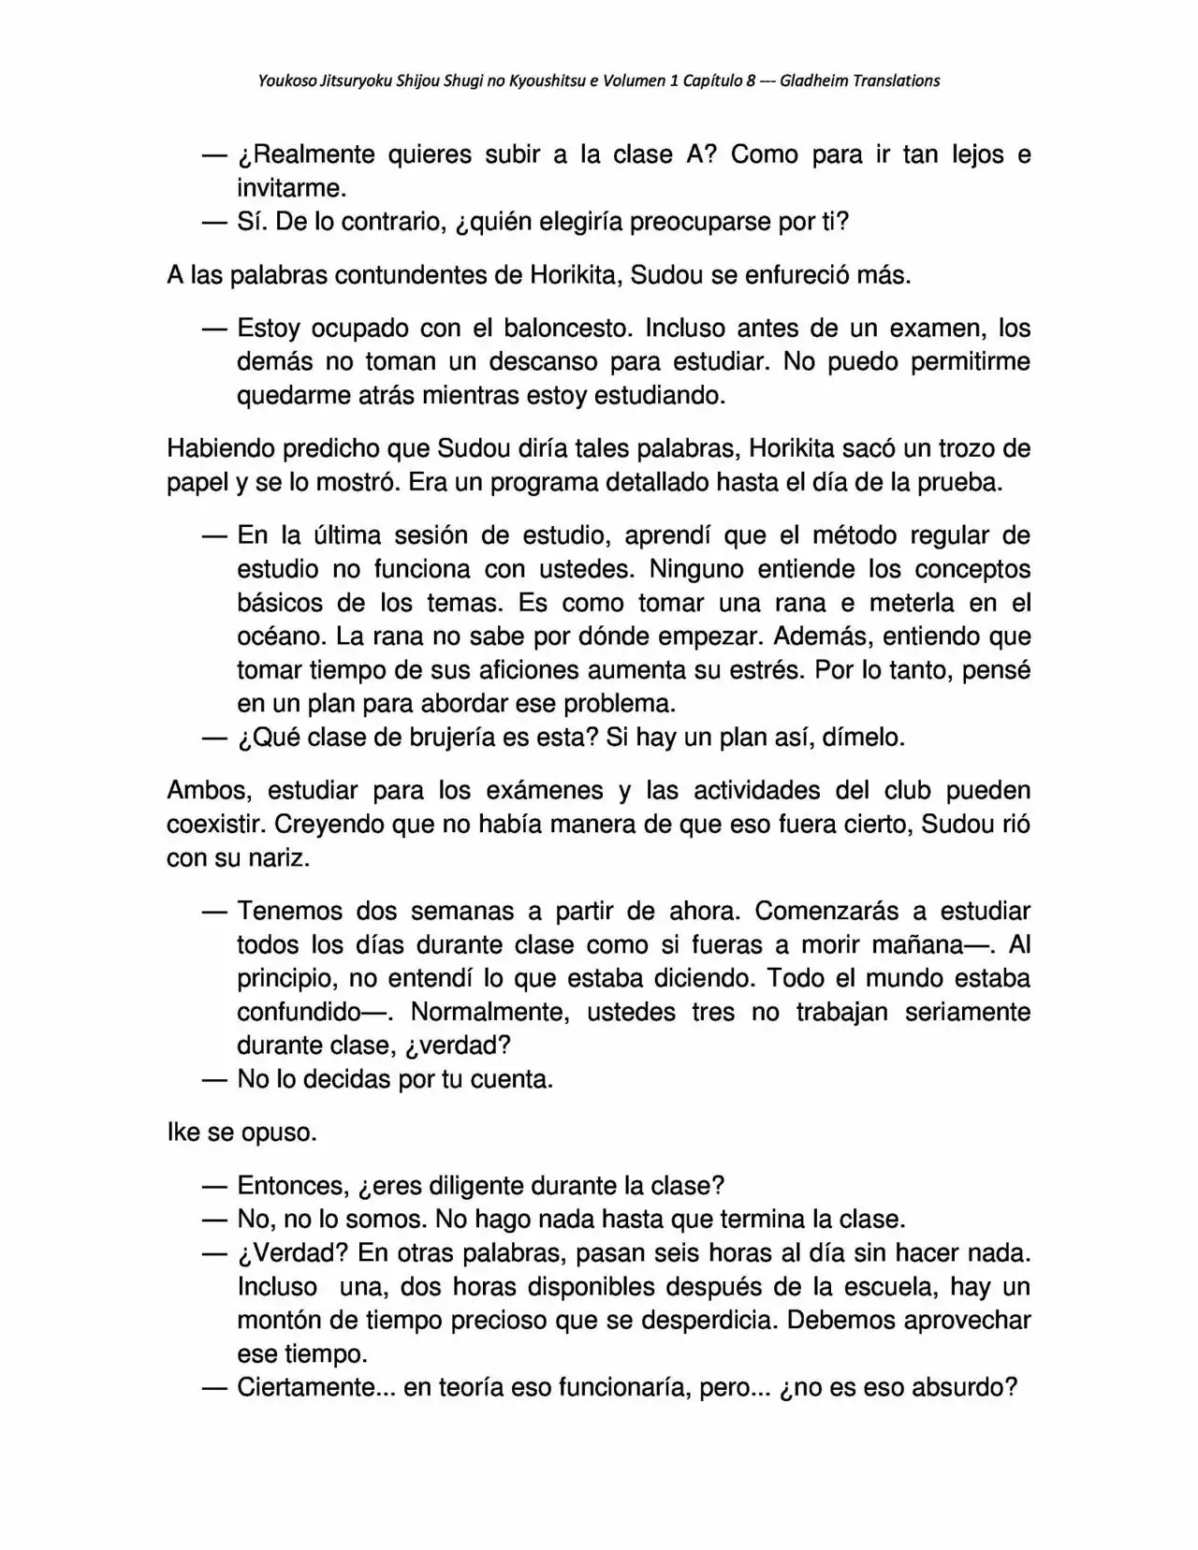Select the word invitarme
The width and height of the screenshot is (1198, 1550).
coord(291,188)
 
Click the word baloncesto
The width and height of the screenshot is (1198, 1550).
coord(566,329)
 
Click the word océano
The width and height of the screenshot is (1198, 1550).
coord(282,637)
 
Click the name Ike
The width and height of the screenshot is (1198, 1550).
coord(183,1133)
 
